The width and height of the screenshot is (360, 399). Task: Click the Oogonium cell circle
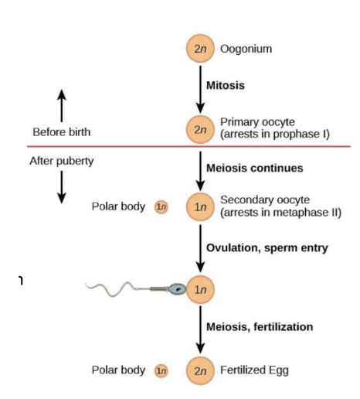tap(201, 49)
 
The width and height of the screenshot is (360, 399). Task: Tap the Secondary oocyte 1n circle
tap(201, 206)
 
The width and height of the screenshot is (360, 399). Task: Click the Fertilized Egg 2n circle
tap(201, 370)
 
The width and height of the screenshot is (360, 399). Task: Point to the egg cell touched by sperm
tap(201, 289)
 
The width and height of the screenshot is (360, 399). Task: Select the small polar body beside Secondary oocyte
tap(161, 206)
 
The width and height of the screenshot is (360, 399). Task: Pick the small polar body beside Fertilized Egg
tap(161, 370)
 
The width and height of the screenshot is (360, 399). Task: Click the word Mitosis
tap(226, 85)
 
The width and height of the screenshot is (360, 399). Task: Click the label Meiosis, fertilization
tap(260, 326)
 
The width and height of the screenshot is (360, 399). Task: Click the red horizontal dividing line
tap(116, 146)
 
